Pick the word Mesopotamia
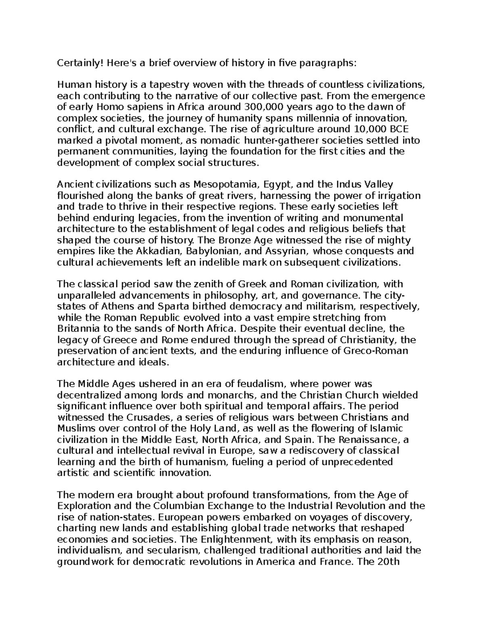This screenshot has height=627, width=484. (225, 185)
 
